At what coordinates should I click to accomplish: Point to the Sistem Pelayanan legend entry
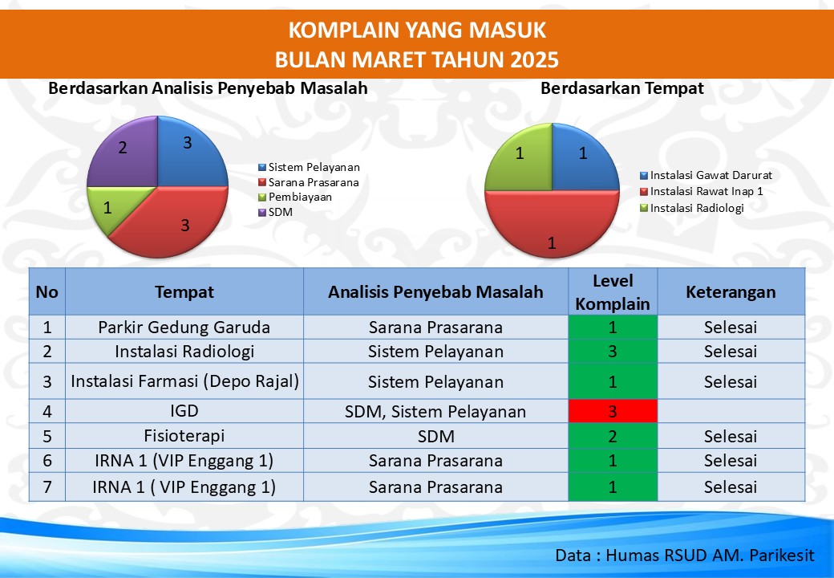(x=309, y=167)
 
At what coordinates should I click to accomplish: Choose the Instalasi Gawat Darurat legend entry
(x=706, y=175)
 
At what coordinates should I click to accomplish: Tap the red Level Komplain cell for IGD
(x=613, y=411)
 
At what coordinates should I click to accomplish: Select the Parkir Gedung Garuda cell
(x=184, y=327)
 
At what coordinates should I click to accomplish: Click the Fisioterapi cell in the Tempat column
(x=184, y=436)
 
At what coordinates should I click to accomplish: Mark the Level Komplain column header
(x=613, y=291)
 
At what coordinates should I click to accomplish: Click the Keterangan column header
(x=731, y=291)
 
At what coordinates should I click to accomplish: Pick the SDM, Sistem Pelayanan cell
(x=435, y=411)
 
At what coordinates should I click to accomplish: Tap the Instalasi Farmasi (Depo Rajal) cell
(x=184, y=381)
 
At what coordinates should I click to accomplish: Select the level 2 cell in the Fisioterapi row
(x=613, y=436)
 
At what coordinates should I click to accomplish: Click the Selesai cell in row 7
(x=731, y=487)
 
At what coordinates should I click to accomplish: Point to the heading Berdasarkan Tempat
(x=622, y=88)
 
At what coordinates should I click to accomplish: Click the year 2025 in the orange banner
(x=534, y=59)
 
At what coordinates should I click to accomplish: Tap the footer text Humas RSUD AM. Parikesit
(x=710, y=555)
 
